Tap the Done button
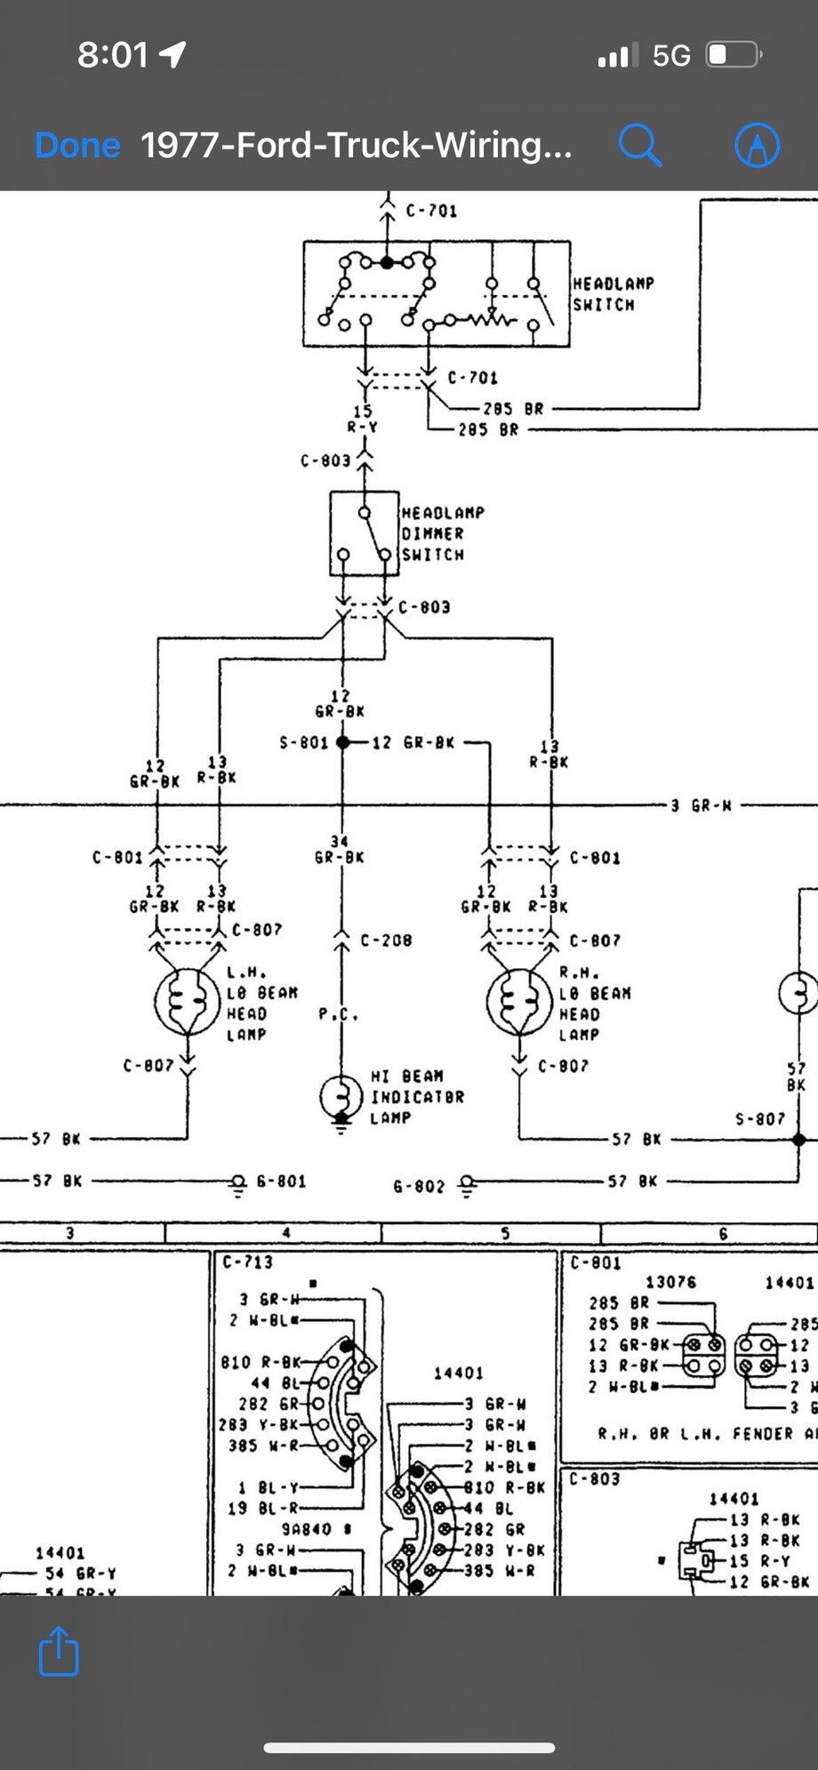77,145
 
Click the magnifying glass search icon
639,144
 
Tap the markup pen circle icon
757,144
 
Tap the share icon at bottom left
60,1651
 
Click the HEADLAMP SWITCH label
613,294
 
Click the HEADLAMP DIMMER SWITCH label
442,533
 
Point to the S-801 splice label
304,742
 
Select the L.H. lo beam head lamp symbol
187,1002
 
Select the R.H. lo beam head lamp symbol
519,1002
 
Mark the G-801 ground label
281,1181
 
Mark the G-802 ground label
418,1187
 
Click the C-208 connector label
386,941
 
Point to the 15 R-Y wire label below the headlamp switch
363,420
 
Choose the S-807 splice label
759,1118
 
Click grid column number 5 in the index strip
506,1233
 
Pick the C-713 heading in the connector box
247,1261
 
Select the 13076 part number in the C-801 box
670,1282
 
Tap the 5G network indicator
671,56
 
